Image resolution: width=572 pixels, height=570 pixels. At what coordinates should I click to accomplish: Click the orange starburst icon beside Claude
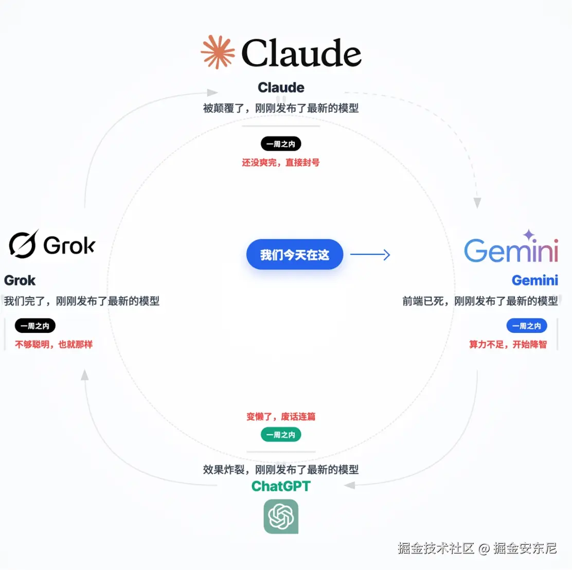pos(218,52)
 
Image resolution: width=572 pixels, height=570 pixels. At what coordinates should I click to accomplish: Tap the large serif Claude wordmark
pos(301,54)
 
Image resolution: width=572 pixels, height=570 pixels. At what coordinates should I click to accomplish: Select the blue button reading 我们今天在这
pos(294,255)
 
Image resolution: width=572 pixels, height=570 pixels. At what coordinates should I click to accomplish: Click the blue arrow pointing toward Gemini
pos(370,255)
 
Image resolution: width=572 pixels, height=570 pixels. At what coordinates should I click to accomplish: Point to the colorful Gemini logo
pos(511,248)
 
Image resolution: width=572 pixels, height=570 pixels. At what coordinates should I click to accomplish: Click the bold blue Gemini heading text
pos(534,280)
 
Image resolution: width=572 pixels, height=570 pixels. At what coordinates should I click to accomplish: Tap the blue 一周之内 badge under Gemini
pos(527,326)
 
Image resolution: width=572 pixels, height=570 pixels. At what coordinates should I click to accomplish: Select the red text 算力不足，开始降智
pos(508,344)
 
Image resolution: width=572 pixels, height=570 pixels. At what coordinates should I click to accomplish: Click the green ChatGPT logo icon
pos(281,516)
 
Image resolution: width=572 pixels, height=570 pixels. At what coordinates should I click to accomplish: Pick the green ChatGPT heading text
pos(281,486)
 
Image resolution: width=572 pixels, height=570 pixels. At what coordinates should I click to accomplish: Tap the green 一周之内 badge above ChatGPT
pos(281,435)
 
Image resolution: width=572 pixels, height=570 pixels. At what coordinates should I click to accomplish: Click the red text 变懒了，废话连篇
pos(281,417)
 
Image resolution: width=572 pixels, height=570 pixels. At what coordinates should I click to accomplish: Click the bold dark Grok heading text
pos(20,280)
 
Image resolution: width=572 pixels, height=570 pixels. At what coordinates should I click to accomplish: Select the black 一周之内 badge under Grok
pos(35,326)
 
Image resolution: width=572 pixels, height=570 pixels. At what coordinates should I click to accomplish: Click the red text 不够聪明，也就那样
pos(54,344)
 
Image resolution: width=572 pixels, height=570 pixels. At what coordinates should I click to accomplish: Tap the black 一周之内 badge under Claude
pos(281,144)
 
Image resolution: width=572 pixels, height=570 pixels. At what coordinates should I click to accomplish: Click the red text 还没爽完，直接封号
pos(281,163)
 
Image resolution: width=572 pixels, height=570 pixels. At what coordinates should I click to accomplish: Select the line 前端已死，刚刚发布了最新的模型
pos(480,301)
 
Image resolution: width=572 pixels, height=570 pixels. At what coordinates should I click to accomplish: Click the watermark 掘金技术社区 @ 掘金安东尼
pos(477,548)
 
